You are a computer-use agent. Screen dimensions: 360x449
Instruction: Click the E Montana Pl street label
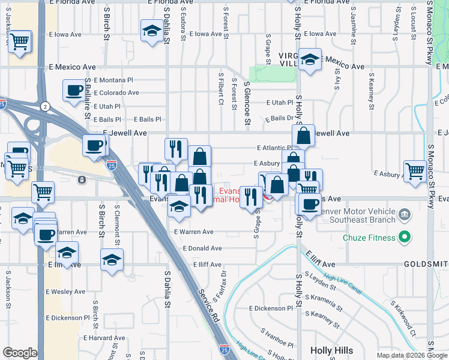pyautogui.click(x=113, y=80)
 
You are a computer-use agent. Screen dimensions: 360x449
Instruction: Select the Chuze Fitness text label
pyautogui.click(x=370, y=238)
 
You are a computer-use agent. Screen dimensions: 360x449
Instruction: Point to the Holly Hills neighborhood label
pyautogui.click(x=334, y=350)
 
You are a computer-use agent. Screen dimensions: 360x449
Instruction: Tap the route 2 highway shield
pyautogui.click(x=45, y=106)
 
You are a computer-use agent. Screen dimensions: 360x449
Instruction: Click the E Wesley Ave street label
pyautogui.click(x=65, y=292)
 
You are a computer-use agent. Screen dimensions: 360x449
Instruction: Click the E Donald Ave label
pyautogui.click(x=202, y=248)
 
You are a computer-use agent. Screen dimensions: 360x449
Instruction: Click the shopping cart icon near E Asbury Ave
pyautogui.click(x=415, y=170)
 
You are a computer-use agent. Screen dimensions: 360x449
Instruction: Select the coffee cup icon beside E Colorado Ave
pyautogui.click(x=74, y=91)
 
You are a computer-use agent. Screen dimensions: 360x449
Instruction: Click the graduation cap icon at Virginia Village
pyautogui.click(x=310, y=59)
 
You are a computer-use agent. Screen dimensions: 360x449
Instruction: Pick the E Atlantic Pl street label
pyautogui.click(x=274, y=148)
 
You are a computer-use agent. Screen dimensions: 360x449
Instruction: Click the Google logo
pyautogui.click(x=20, y=353)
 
